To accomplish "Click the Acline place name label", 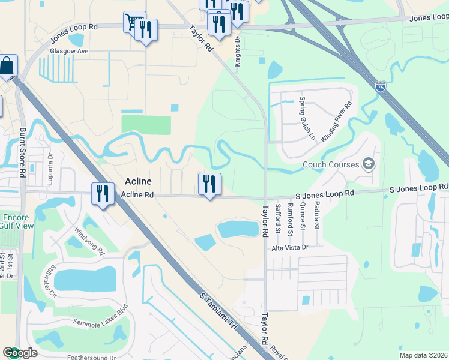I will tap(138, 181).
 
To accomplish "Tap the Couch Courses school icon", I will tap(369, 164).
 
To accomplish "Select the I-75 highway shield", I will tap(380, 87).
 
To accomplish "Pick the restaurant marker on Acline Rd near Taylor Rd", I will tap(209, 184).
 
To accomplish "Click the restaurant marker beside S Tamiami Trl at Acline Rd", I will tap(103, 193).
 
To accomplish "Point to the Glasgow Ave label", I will tap(70, 52).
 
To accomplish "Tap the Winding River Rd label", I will tap(336, 122).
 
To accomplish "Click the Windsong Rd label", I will tap(89, 239).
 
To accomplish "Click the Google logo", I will tap(20, 353).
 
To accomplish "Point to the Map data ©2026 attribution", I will tap(423, 355).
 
